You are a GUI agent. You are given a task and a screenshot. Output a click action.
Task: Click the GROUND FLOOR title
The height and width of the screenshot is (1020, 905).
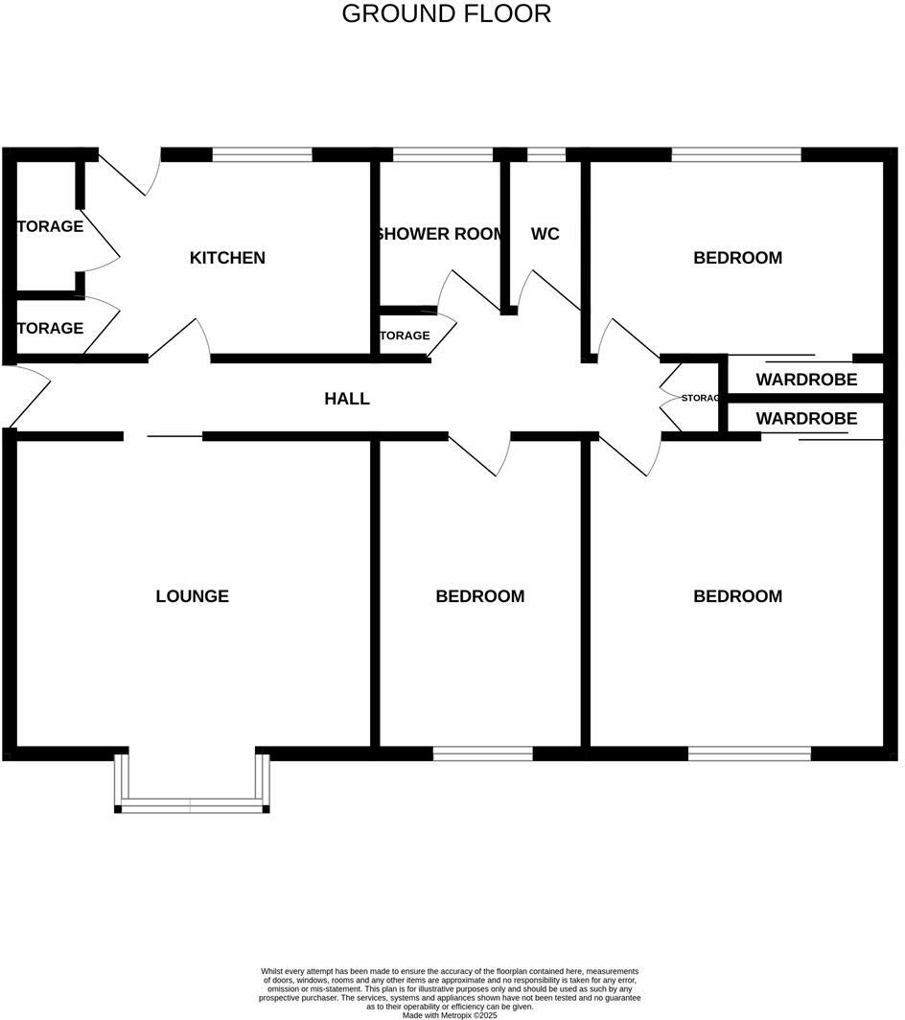pos(446,14)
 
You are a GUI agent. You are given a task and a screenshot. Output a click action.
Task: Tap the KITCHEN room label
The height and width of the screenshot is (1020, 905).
pos(227,258)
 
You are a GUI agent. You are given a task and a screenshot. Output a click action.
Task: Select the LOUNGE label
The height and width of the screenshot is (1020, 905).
pos(192,596)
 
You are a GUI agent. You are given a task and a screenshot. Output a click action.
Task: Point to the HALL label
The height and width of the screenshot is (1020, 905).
pos(347,399)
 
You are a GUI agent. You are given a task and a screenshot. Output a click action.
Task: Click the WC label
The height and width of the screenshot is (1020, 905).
pos(545,234)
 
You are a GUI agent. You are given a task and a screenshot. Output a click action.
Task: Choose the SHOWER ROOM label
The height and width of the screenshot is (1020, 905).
pos(440,234)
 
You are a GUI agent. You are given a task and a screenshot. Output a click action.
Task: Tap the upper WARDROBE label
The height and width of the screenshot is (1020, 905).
pos(806,380)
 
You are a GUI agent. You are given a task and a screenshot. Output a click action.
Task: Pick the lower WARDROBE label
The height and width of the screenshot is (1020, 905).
pos(806,419)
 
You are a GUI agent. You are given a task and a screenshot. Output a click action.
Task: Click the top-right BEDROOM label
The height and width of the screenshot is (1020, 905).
pos(737,258)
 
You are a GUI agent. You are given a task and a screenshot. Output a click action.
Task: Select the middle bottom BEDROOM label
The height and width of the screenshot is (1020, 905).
pos(479,596)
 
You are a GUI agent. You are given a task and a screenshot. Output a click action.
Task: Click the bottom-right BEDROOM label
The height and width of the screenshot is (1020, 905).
pos(737,596)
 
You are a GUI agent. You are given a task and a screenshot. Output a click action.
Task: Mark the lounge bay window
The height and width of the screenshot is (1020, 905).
pos(192,805)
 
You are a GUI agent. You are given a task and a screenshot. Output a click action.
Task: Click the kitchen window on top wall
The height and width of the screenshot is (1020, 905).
pos(263,154)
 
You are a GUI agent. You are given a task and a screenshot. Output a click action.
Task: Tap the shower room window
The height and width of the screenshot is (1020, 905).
pos(443,154)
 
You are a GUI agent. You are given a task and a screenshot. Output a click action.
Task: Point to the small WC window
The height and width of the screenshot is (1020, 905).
pos(546,154)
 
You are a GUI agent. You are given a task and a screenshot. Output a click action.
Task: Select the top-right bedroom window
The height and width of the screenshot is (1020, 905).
pos(736,154)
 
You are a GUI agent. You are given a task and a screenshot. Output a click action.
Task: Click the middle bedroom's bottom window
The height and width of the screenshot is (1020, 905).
pos(482,753)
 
